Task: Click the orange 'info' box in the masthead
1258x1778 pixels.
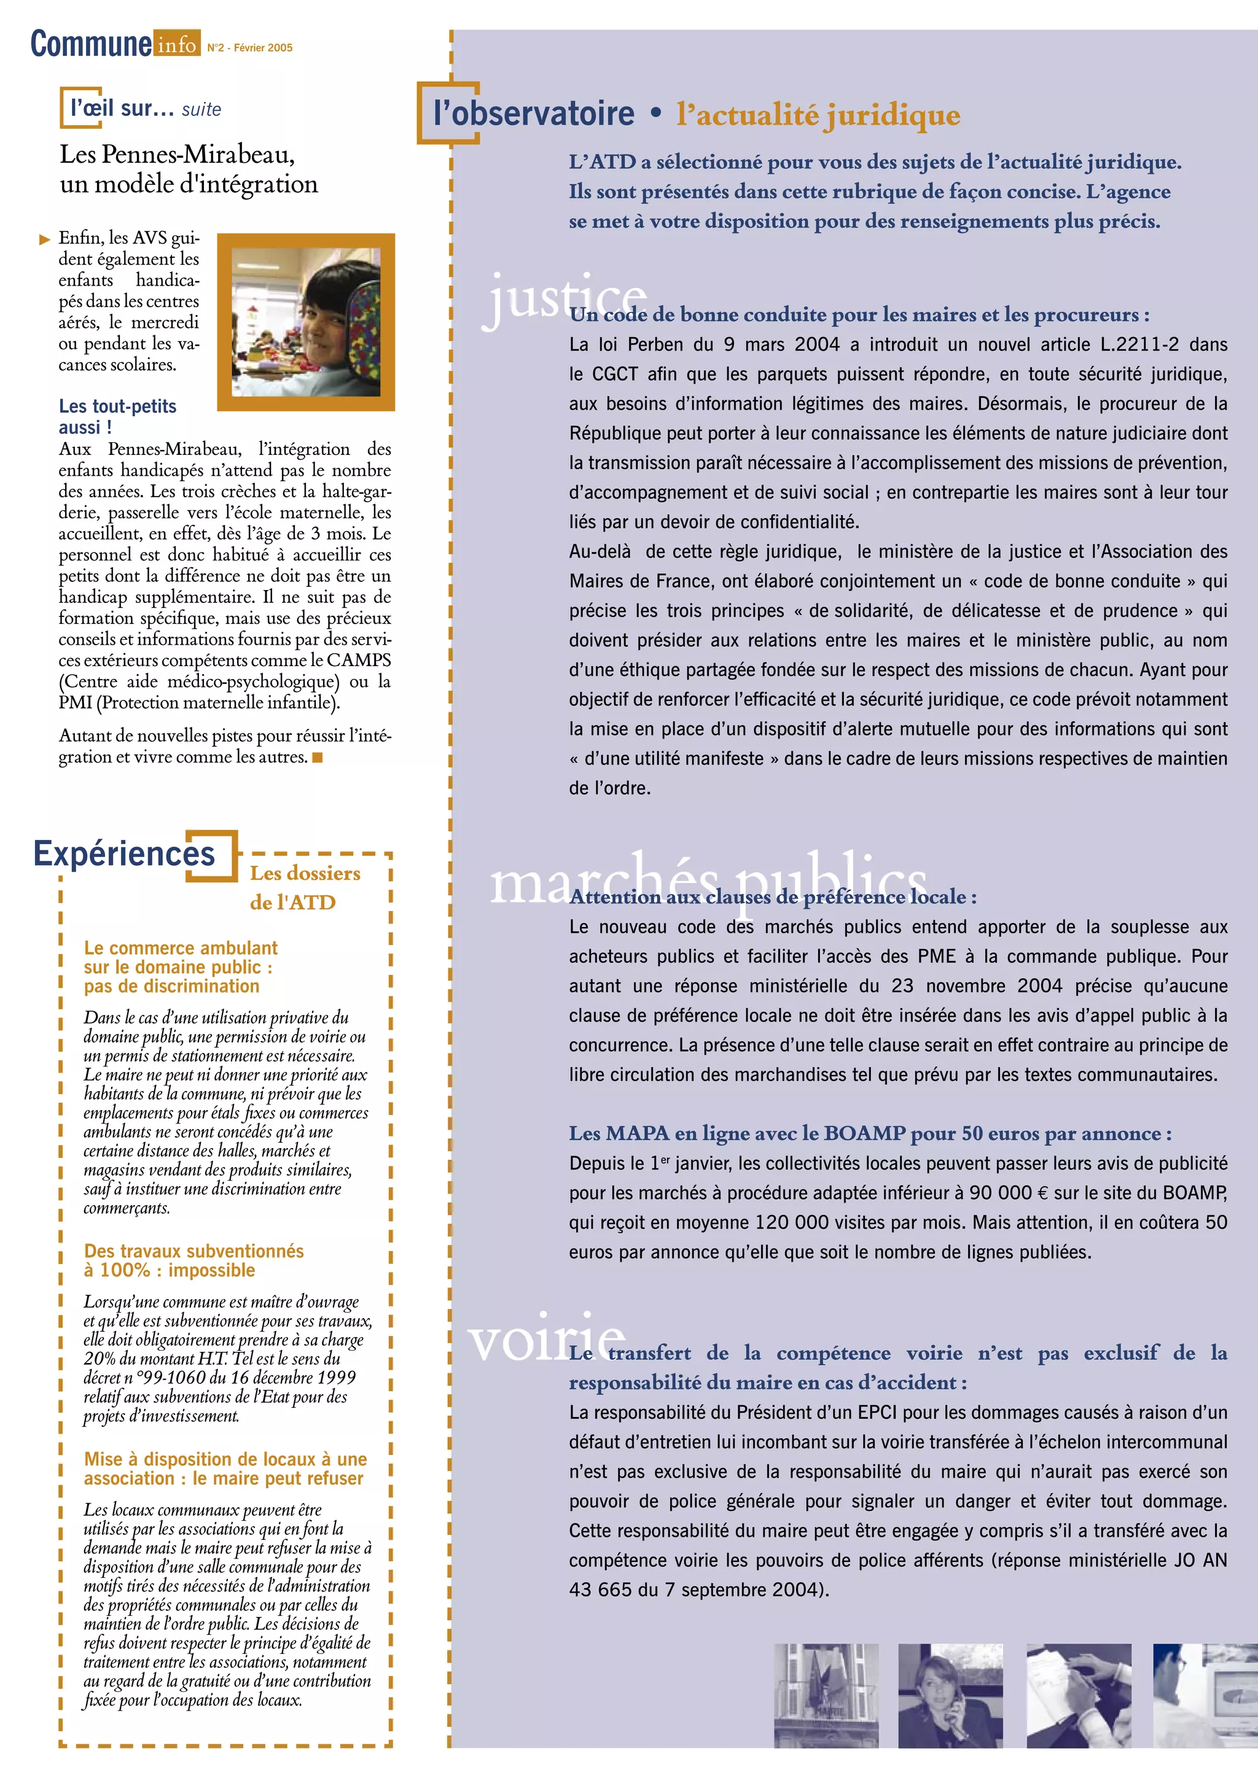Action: point(177,44)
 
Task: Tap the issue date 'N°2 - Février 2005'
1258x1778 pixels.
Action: point(249,48)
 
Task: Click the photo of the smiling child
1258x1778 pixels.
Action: point(306,322)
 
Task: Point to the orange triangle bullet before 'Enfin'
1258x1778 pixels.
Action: point(45,239)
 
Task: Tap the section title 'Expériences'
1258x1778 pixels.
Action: point(124,853)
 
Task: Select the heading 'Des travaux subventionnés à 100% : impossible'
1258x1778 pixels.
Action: point(193,1260)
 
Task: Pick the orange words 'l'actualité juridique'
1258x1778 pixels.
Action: point(818,115)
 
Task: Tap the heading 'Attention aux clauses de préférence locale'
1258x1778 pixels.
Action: point(772,897)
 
